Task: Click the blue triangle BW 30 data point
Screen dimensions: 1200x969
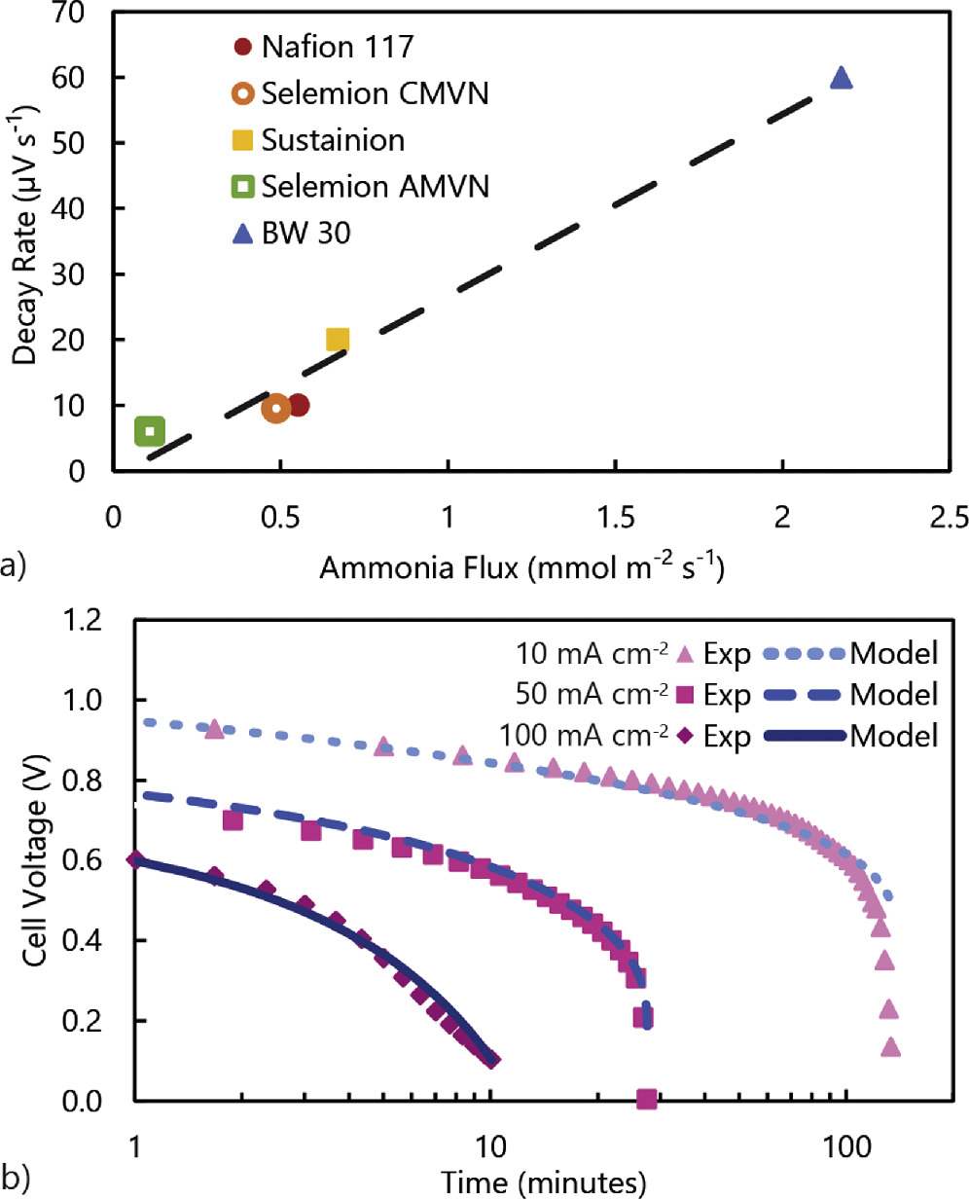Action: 842,79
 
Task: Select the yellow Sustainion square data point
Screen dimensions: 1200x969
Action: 338,340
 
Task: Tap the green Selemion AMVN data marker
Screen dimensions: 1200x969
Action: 149,431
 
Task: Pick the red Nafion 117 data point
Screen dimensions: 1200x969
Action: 298,405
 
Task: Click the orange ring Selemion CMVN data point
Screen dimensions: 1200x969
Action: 276,408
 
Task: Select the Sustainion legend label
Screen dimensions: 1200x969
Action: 333,140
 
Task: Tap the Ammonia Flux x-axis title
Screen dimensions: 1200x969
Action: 521,566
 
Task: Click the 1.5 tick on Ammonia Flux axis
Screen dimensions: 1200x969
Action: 615,518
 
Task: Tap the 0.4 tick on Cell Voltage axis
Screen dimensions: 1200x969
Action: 83,941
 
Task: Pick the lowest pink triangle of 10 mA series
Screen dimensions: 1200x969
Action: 890,1047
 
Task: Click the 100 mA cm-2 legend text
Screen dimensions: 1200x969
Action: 584,736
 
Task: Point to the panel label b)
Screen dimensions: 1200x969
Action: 16,1180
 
